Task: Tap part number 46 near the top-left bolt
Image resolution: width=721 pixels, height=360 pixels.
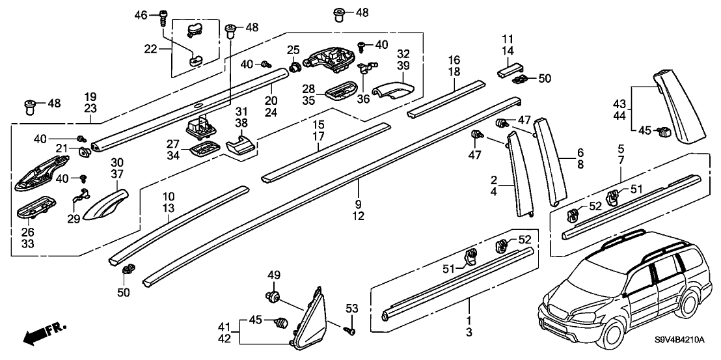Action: click(141, 15)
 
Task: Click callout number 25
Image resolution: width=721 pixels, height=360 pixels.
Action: click(293, 50)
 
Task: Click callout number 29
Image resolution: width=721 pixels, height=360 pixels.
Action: click(73, 218)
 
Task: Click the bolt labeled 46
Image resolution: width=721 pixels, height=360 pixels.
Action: click(162, 18)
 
